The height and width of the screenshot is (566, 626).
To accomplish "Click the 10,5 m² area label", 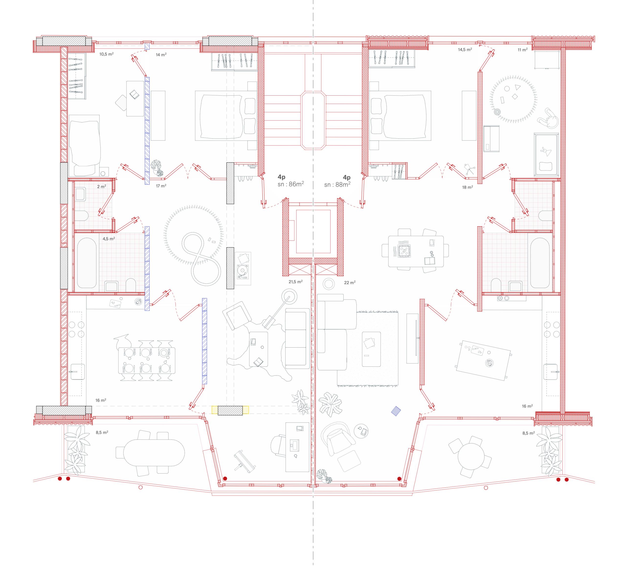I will click(106, 54).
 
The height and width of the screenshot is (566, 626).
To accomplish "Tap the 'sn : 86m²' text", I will click(291, 184).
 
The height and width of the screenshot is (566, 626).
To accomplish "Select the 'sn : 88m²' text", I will click(337, 184).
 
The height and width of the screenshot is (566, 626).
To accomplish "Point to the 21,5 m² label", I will click(295, 282).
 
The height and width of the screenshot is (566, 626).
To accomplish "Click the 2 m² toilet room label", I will click(101, 186).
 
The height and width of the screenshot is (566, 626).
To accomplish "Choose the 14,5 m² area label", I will click(465, 50).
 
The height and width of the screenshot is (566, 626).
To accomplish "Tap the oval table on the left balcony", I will click(154, 452).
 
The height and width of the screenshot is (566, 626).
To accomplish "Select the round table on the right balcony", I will click(471, 456).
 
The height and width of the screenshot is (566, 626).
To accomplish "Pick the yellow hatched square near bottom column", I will click(214, 410).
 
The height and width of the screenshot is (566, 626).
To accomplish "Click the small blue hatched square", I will click(396, 411).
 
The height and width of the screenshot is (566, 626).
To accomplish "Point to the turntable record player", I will click(243, 271).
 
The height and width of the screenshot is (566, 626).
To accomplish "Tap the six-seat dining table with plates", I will click(146, 360).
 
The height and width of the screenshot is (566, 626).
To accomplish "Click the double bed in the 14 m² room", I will click(226, 116).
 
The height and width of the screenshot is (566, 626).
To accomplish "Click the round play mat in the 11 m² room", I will click(513, 99).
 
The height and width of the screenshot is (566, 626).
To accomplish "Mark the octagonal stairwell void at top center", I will click(313, 121).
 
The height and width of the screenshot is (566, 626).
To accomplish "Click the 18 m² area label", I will click(467, 187).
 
